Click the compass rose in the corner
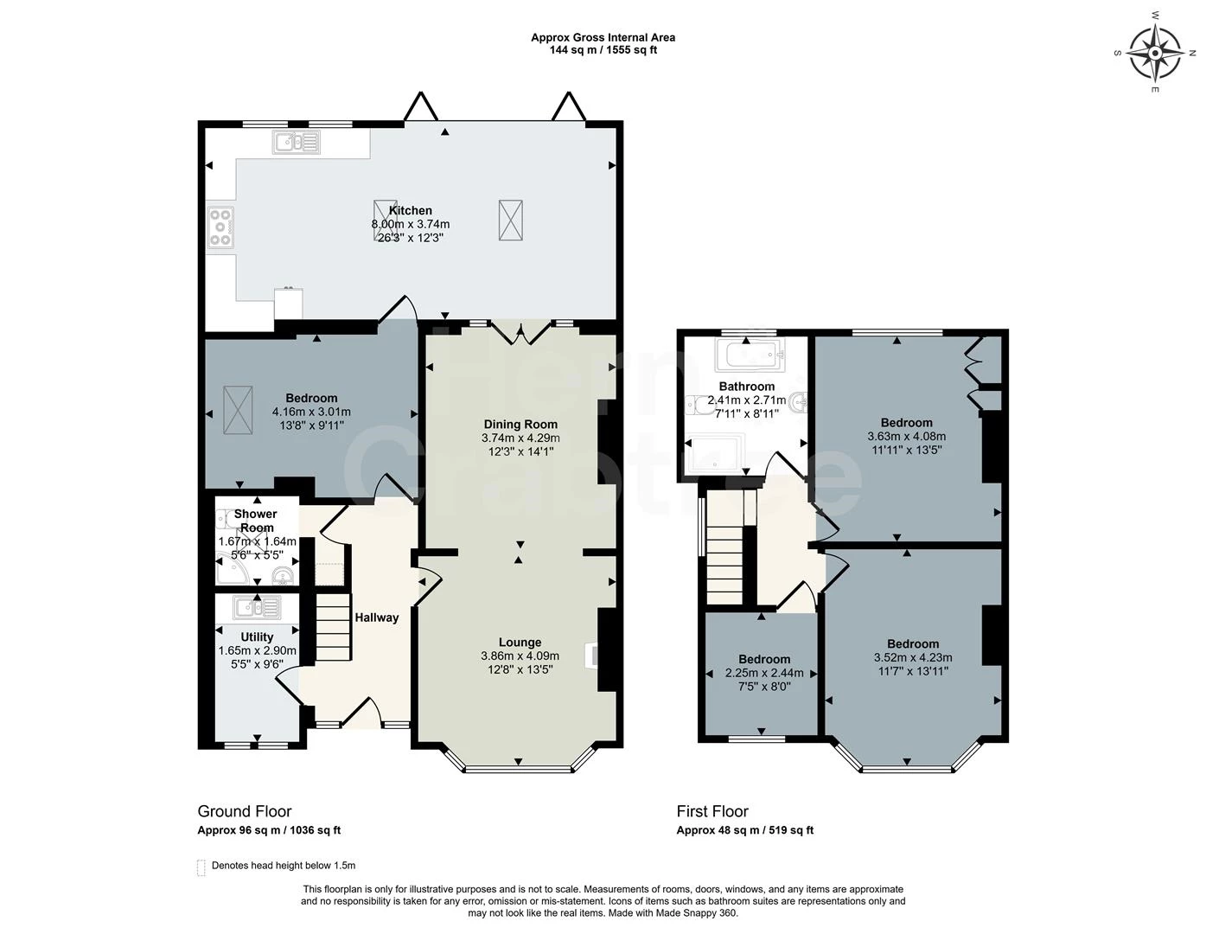[x=1155, y=53]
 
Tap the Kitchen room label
[x=410, y=210]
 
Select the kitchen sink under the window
[x=296, y=141]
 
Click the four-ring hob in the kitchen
[x=220, y=227]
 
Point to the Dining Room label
[x=520, y=425]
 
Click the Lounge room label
[x=520, y=643]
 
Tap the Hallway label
[x=376, y=617]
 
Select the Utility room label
[x=257, y=637]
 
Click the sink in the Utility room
[x=256, y=608]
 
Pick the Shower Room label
[x=256, y=521]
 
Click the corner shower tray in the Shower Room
[x=232, y=570]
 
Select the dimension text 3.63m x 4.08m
[x=906, y=437]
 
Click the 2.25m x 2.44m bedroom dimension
[x=763, y=673]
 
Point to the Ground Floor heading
[x=245, y=811]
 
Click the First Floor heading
[x=712, y=811]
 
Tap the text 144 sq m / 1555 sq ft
[x=603, y=50]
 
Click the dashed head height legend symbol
[x=201, y=867]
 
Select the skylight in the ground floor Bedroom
[x=238, y=410]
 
